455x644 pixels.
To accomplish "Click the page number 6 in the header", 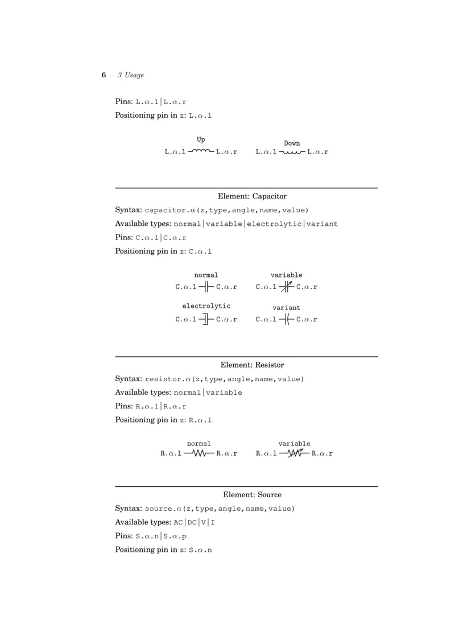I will [104, 75].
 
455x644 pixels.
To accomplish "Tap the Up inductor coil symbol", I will [201, 151].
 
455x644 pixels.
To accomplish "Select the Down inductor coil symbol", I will [292, 152].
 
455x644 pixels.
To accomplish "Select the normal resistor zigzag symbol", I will [198, 454].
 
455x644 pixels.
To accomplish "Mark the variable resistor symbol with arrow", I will [295, 453].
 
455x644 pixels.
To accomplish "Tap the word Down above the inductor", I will [292, 143].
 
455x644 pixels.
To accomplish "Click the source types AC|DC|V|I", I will [194, 522].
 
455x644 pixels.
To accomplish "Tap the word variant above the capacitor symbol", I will [286, 308].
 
